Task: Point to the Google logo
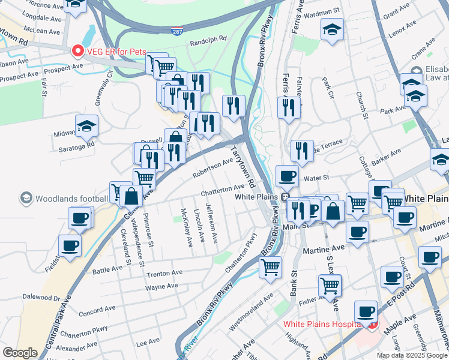[20, 353]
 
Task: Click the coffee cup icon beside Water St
[287, 176]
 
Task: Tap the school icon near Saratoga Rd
[86, 125]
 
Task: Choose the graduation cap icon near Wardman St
[331, 29]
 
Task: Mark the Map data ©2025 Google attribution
[411, 355]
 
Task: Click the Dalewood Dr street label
[41, 297]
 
